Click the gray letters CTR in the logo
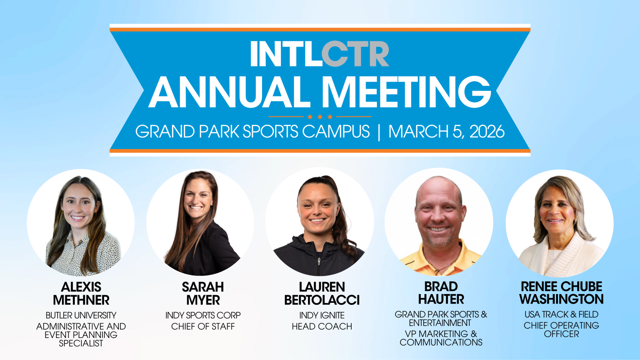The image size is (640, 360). tap(355, 54)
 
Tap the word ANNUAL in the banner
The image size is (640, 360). tap(230, 92)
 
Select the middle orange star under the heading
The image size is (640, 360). tap(320, 116)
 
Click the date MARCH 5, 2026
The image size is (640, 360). tap(446, 132)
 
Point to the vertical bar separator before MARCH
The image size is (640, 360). tap(379, 132)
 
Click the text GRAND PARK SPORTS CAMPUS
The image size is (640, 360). tap(252, 132)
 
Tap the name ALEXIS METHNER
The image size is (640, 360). tap(81, 294)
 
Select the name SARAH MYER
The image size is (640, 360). tap(203, 294)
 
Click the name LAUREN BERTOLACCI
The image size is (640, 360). tap(322, 294)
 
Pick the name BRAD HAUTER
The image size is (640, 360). tap(441, 293)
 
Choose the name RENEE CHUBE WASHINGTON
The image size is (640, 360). tap(562, 293)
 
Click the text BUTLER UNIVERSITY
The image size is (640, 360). tap(81, 315)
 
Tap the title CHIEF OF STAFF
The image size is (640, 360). tap(203, 326)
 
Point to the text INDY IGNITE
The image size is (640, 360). tap(322, 315)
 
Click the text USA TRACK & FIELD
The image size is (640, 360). tap(562, 314)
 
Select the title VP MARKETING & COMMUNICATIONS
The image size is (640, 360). tap(441, 338)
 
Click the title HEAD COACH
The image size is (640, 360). tap(322, 326)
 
